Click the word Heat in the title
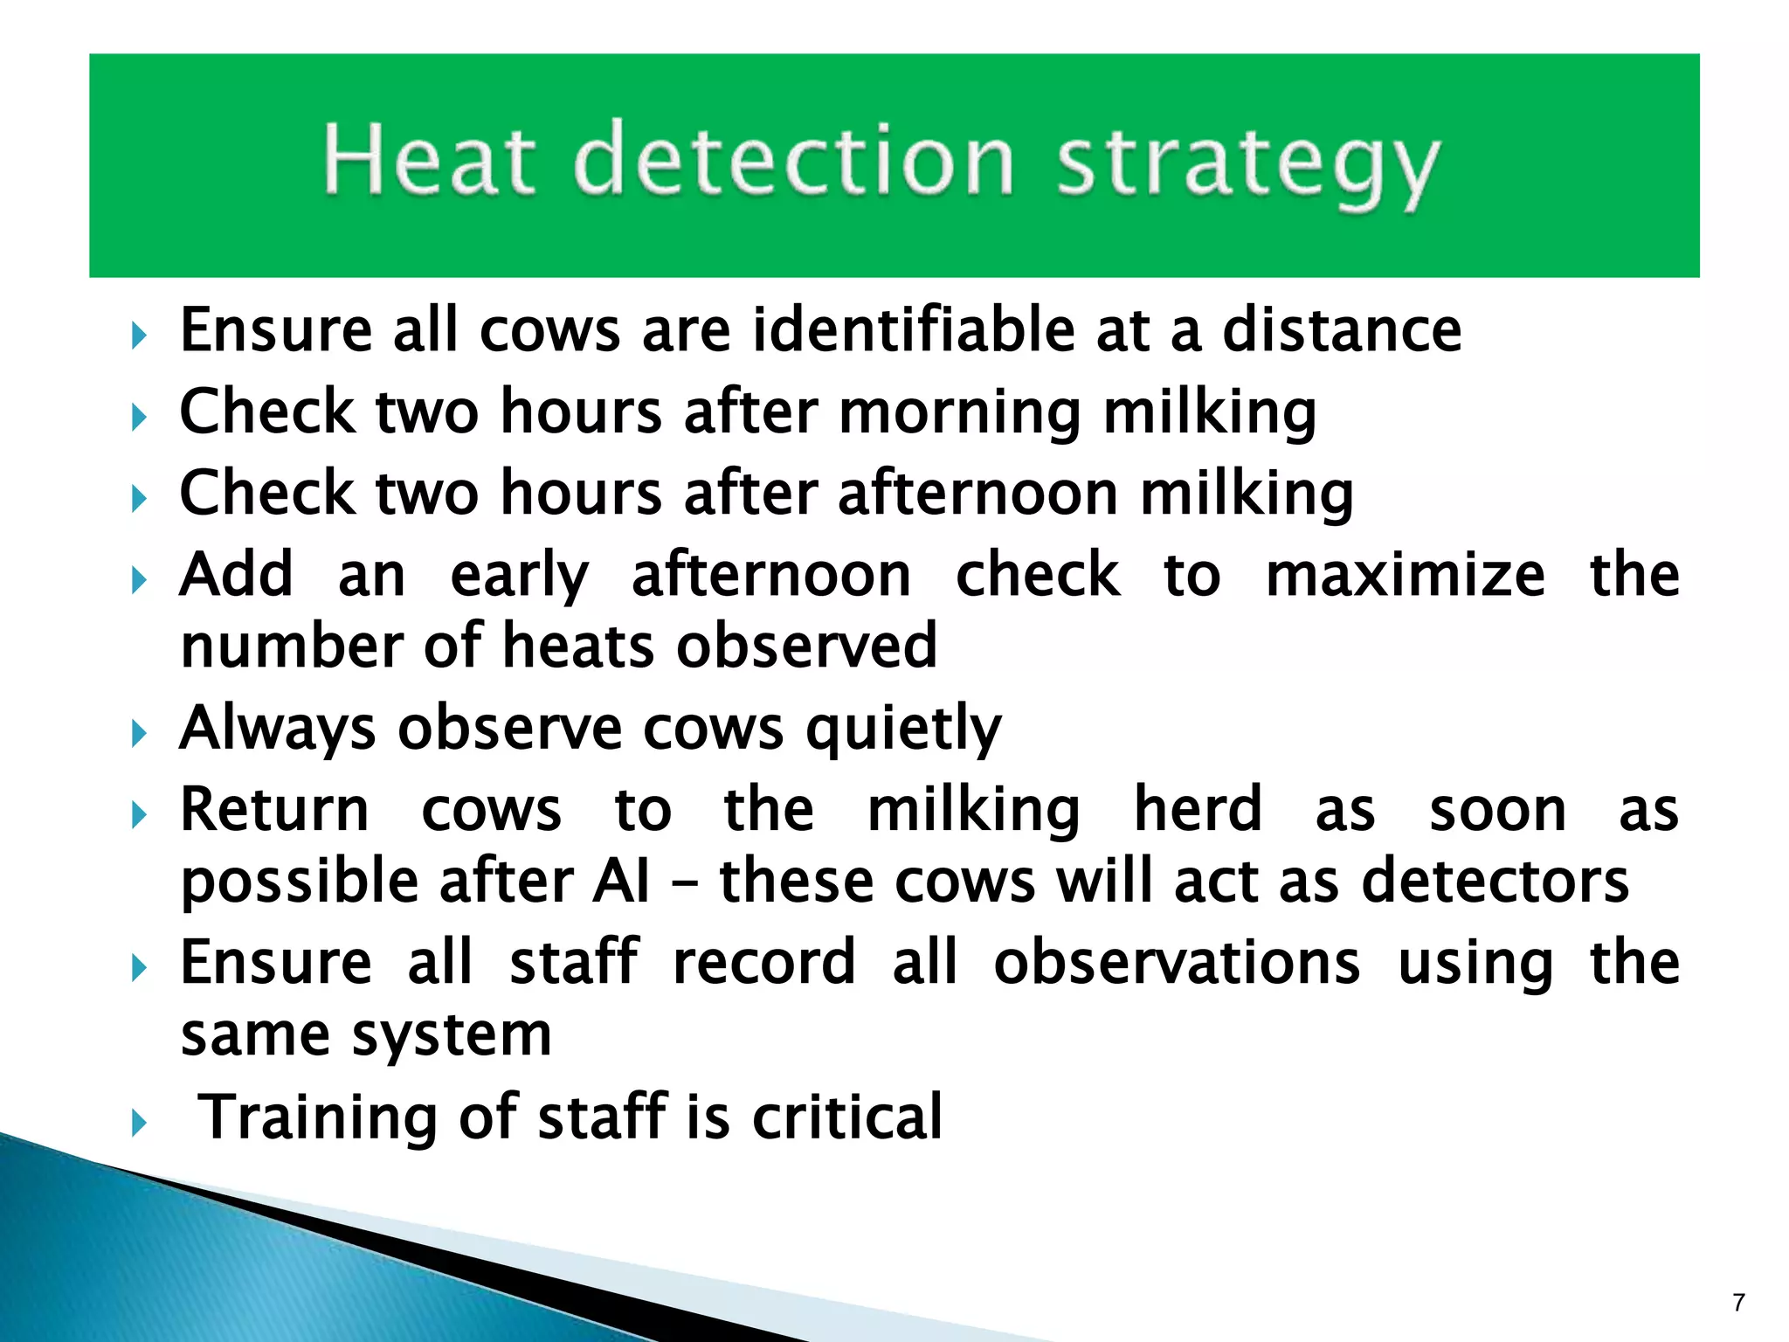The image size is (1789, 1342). (x=428, y=159)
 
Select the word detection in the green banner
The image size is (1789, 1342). (x=795, y=159)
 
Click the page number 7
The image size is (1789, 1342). (x=1738, y=1303)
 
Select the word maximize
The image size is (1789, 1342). (x=1405, y=575)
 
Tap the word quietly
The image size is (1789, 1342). (x=903, y=730)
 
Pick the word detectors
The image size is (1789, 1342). (x=1495, y=881)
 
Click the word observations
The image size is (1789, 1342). (x=1177, y=963)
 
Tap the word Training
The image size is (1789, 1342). (x=318, y=1119)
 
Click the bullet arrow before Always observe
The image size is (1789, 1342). (x=139, y=734)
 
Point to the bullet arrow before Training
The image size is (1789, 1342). (x=139, y=1123)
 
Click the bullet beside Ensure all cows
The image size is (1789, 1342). (x=139, y=335)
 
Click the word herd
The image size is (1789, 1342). (x=1198, y=809)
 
